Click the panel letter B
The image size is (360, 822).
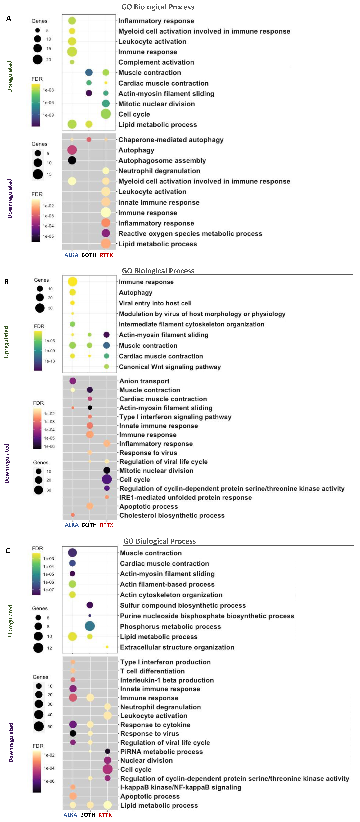[6, 282]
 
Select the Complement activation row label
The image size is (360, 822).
[156, 62]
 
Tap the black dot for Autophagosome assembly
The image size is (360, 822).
[72, 160]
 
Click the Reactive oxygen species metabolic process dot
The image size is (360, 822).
[106, 233]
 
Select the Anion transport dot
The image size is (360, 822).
[73, 381]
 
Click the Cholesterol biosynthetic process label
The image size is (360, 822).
[172, 515]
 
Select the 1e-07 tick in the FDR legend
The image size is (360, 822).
[48, 590]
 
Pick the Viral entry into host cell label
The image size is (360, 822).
[155, 303]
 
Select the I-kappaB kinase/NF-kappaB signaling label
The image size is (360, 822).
[181, 787]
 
